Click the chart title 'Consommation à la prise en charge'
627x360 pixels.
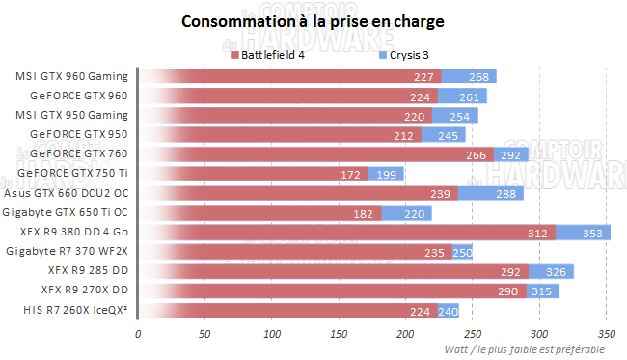[x=313, y=21]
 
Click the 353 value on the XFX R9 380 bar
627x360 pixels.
[x=595, y=233]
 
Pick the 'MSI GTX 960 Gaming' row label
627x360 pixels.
[x=72, y=76]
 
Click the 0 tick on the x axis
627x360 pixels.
[x=138, y=333]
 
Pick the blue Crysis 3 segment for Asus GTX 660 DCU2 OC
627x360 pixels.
[x=490, y=193]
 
